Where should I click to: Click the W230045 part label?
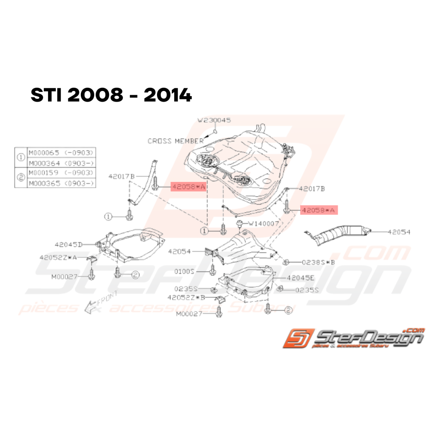point(214,120)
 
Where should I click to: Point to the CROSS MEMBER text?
point(176,141)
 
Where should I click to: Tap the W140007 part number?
point(263,224)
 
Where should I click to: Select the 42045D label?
point(68,244)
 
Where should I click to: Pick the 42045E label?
point(300,278)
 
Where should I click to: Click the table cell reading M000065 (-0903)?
point(61,152)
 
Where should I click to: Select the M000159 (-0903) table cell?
point(61,173)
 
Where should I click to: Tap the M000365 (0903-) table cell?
point(61,183)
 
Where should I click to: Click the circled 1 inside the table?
point(21,157)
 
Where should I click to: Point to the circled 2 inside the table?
point(21,178)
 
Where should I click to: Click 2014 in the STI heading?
point(168,96)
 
